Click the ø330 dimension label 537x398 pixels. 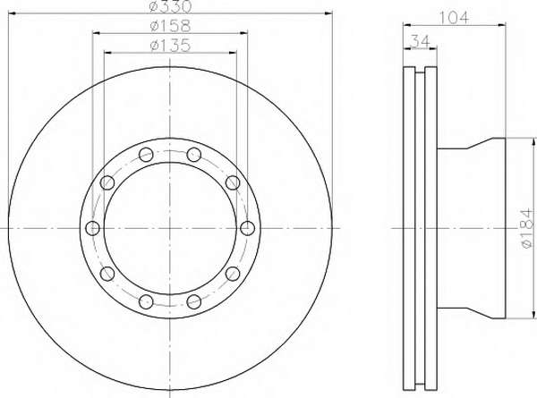[171, 6]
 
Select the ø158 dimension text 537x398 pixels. [170, 26]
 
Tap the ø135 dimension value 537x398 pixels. [170, 46]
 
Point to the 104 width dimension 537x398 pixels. [453, 18]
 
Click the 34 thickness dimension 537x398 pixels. [420, 42]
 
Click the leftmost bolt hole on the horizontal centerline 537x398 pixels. [92, 228]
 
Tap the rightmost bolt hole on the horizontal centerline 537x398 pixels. [247, 228]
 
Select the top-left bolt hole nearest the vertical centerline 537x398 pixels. [146, 155]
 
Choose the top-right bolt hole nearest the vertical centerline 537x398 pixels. [194, 155]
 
